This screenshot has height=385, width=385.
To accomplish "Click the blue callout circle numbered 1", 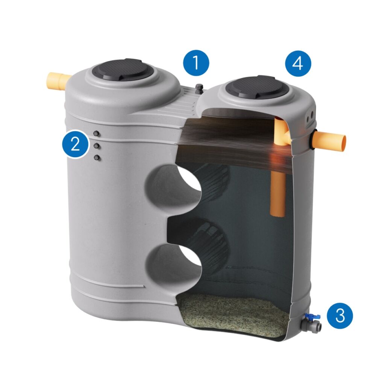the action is point(196,63).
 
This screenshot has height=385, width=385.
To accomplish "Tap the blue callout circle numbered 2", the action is point(75,144).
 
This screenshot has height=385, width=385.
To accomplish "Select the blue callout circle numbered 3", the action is point(340,315).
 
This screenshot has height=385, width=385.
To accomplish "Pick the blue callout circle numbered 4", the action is point(298,64).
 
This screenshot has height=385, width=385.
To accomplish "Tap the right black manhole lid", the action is point(257,87).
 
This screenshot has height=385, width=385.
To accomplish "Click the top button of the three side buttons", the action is point(97,133).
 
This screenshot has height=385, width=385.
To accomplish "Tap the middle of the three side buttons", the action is point(97,146).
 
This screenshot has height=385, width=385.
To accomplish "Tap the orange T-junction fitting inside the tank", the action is point(282,133).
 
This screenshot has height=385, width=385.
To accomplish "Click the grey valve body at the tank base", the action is point(311,326).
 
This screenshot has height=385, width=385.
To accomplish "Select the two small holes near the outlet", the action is point(310,117).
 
